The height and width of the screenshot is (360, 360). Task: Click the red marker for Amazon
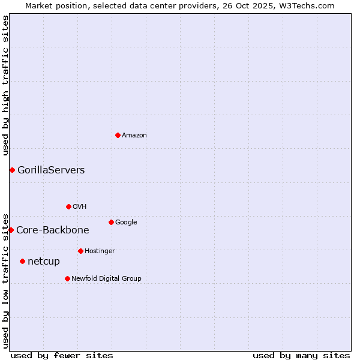pyautogui.click(x=118, y=135)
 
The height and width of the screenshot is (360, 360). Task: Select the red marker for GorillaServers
pyautogui.click(x=12, y=170)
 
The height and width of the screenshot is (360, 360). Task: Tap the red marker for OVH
pyautogui.click(x=68, y=206)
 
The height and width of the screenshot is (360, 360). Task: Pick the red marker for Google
pyautogui.click(x=111, y=222)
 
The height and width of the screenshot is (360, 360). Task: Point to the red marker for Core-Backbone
pyautogui.click(x=11, y=230)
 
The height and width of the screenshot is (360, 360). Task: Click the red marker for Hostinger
pyautogui.click(x=80, y=251)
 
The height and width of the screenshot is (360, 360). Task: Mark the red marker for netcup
pyautogui.click(x=22, y=261)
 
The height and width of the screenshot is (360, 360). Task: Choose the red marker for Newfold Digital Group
pyautogui.click(x=67, y=278)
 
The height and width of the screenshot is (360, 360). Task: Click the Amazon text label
pyautogui.click(x=134, y=136)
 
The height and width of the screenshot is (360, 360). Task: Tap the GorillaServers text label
pyautogui.click(x=51, y=170)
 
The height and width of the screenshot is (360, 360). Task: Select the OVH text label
pyautogui.click(x=80, y=207)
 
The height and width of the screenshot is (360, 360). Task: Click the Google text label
pyautogui.click(x=126, y=223)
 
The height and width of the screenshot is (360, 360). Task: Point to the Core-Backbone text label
pyautogui.click(x=53, y=230)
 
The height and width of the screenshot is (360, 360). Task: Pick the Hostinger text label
pyautogui.click(x=100, y=251)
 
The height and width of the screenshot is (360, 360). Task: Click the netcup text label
pyautogui.click(x=44, y=262)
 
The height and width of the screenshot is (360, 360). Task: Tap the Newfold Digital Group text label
pyautogui.click(x=106, y=279)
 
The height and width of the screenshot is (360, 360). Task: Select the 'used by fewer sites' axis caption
pyautogui.click(x=62, y=356)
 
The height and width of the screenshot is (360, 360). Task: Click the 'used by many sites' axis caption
pyautogui.click(x=301, y=356)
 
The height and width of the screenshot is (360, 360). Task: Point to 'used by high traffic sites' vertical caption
pyautogui.click(x=5, y=85)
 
